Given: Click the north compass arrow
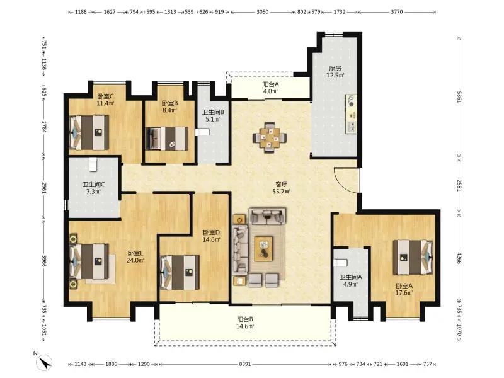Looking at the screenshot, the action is tap(44, 362).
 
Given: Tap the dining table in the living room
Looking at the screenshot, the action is tap(270, 138).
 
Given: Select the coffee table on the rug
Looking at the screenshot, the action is tap(263, 249).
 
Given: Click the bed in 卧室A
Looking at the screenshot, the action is tap(413, 258).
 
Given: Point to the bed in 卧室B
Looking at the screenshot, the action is tap(167, 139).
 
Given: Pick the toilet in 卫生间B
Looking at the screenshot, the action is tap(202, 132).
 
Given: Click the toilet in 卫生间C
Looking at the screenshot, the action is tap(93, 164).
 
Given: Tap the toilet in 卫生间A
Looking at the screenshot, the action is tap(340, 263).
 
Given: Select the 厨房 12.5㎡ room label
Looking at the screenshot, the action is tap(335, 72).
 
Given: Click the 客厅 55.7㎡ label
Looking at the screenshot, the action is tap(281, 188).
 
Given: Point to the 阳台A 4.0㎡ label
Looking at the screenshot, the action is tap(270, 88).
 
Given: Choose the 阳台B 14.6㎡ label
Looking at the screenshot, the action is tap(245, 323).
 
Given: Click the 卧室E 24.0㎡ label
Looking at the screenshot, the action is tap(135, 256).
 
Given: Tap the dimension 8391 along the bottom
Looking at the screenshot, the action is tap(245, 364).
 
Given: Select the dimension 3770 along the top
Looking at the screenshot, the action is tap(397, 12).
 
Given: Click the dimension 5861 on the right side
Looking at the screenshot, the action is tap(459, 97).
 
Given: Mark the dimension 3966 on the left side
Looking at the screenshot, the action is tap(44, 261).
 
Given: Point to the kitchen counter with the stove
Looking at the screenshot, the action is tap(352, 114).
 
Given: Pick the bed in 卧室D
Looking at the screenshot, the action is tap(180, 273).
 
